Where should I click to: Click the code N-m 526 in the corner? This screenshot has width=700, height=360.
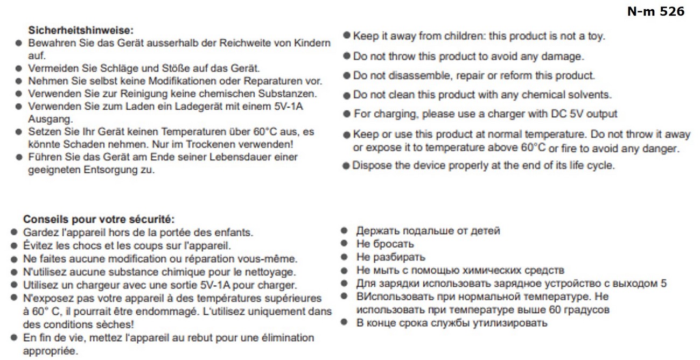[655, 11]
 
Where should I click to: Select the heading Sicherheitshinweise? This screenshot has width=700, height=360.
[80, 31]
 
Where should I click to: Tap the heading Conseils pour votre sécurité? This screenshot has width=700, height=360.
[99, 220]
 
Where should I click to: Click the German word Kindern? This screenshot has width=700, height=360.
[312, 43]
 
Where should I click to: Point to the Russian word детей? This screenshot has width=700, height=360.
[485, 231]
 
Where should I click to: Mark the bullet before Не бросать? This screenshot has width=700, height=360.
[343, 244]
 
